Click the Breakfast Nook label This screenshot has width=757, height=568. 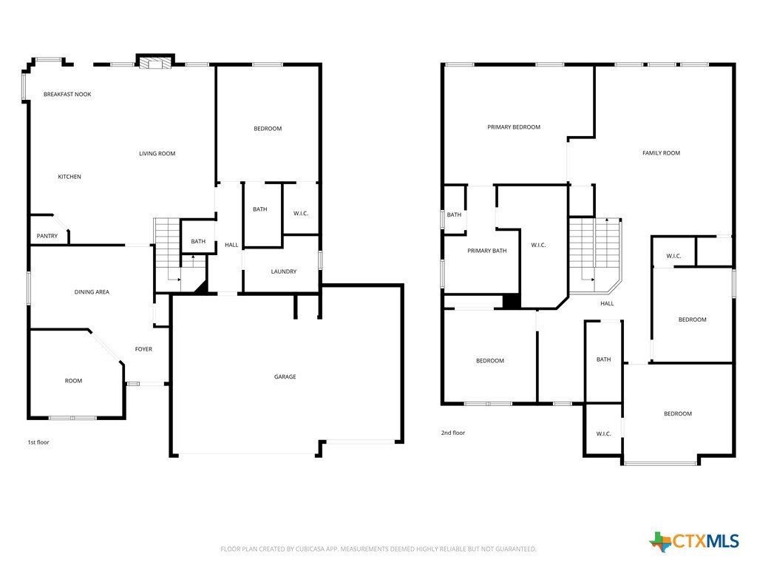pyautogui.click(x=67, y=94)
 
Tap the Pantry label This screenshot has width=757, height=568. pyautogui.click(x=47, y=236)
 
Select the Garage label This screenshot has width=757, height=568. pyautogui.click(x=285, y=376)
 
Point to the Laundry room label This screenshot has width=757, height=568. pyautogui.click(x=283, y=271)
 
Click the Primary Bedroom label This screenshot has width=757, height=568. pyautogui.click(x=514, y=127)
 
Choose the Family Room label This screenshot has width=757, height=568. pyautogui.click(x=661, y=152)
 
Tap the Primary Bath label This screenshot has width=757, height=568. pyautogui.click(x=486, y=251)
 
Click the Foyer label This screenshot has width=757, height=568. pyautogui.click(x=143, y=349)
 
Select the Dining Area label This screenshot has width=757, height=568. pyautogui.click(x=92, y=291)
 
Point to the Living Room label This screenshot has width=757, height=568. pyautogui.click(x=157, y=154)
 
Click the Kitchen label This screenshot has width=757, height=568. pyautogui.click(x=69, y=177)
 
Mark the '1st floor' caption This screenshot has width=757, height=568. pyautogui.click(x=38, y=442)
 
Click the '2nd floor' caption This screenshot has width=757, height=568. pyautogui.click(x=453, y=433)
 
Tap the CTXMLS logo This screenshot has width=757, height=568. pyautogui.click(x=694, y=541)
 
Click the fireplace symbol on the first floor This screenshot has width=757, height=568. pyautogui.click(x=155, y=64)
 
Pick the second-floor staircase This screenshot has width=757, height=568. pyautogui.click(x=595, y=256)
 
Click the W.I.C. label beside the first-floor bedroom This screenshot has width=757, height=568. pyautogui.click(x=301, y=214)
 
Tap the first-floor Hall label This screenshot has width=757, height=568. pyautogui.click(x=231, y=245)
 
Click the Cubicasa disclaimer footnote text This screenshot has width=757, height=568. pyautogui.click(x=378, y=549)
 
